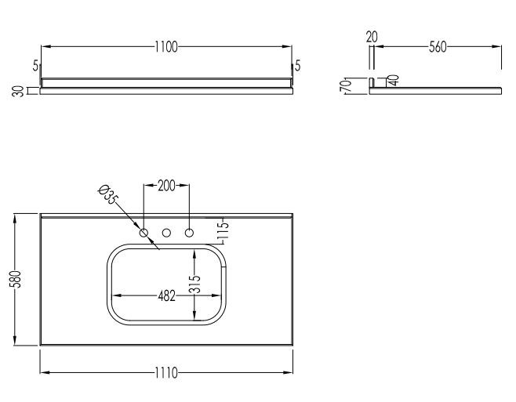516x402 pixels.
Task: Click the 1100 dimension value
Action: pos(166,47)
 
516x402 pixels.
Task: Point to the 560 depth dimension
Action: pos(437,47)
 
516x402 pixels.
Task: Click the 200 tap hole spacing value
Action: pos(166,187)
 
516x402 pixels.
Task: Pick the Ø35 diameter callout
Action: pos(107,194)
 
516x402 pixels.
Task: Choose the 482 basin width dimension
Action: pos(165,296)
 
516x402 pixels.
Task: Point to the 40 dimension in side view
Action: pos(393,80)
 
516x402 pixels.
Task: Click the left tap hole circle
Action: pos(144,233)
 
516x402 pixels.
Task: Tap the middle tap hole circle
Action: pos(166,233)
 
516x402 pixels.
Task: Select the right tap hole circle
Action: pos(189,233)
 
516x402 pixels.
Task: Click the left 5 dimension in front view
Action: pos(36,66)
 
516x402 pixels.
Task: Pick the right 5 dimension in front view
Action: pos(298,66)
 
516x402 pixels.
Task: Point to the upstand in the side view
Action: pos(372,82)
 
